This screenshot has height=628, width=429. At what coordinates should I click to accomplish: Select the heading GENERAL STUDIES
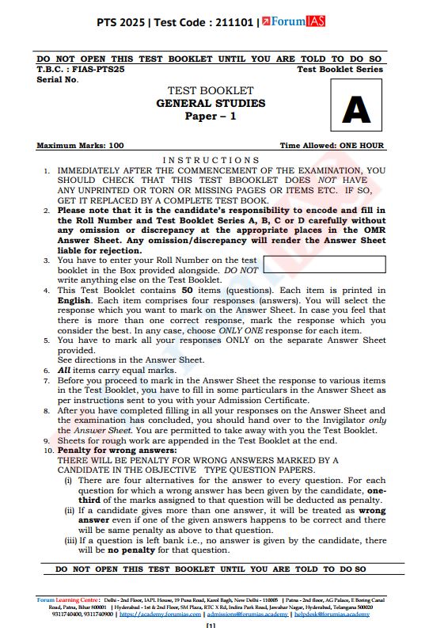tap(211, 104)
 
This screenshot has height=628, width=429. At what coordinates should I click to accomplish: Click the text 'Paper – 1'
tap(211, 116)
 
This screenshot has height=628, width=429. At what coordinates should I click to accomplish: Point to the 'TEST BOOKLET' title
tap(211, 91)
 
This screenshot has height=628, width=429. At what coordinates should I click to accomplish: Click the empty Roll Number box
tap(324, 265)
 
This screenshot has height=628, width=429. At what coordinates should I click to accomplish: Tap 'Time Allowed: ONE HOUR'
tap(332, 146)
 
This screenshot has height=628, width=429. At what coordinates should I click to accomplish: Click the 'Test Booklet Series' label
tap(340, 70)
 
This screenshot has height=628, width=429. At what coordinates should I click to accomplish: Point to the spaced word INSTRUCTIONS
tap(211, 160)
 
